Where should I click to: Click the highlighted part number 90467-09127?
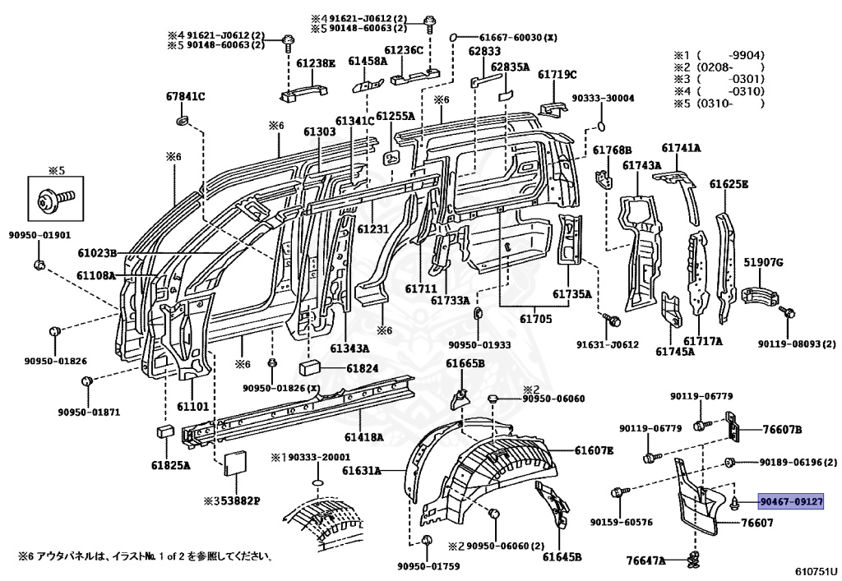click(790, 502)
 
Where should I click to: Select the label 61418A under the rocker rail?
click(364, 437)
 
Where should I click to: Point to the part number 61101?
click(192, 406)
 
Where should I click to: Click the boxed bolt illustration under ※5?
click(56, 199)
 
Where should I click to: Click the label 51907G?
click(763, 262)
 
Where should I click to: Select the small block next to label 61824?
click(309, 368)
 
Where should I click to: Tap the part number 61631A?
click(362, 471)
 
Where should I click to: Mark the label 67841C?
click(185, 97)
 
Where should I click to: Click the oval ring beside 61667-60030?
click(453, 38)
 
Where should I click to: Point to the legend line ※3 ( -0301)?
click(719, 80)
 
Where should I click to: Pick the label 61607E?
click(594, 450)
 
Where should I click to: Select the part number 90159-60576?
click(622, 522)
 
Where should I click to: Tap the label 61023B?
click(97, 252)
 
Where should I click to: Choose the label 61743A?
click(641, 166)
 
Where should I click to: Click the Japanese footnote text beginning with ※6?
click(145, 556)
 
